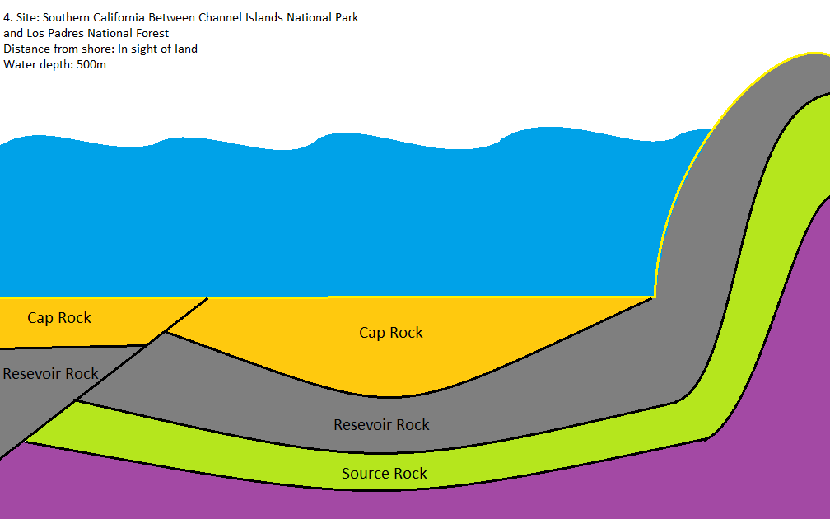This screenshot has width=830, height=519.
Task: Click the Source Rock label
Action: point(385,474)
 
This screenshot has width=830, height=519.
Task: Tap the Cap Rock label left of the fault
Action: point(59,318)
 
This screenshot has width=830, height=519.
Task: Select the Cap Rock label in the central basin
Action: point(391,333)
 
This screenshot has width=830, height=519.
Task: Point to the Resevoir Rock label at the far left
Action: point(50,374)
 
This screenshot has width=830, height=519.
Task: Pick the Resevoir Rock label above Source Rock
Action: point(381,425)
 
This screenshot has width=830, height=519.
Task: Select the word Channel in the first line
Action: point(219,17)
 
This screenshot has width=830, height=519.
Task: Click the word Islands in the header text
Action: point(263,17)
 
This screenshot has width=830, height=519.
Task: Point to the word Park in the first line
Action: point(346,17)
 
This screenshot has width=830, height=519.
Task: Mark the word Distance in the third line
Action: point(26,49)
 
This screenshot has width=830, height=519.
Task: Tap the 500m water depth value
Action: point(91,64)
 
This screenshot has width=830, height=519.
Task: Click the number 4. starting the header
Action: point(7,17)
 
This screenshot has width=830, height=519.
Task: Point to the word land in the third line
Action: point(185,49)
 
